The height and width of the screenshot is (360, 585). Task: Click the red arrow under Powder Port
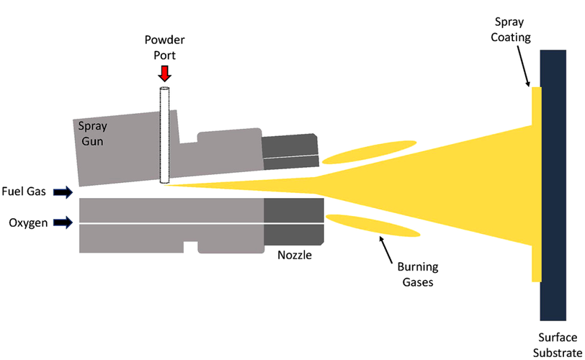point(164,73)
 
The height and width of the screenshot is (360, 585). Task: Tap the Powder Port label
point(164,48)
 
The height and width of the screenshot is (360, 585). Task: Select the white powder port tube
point(164,135)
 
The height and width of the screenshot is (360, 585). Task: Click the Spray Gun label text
point(92,133)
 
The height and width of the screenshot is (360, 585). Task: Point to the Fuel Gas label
point(24,192)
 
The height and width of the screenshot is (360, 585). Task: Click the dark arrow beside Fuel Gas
point(63,192)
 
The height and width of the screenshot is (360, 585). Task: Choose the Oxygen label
point(28,223)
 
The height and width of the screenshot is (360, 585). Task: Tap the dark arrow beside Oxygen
point(63,223)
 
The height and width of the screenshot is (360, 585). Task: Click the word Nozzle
point(295,256)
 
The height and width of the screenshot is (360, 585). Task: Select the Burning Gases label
point(418,274)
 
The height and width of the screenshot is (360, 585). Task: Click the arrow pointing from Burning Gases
point(386,250)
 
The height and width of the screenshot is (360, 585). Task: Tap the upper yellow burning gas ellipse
point(369,152)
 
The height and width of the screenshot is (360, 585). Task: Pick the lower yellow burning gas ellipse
point(373,226)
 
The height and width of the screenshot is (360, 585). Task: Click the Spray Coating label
point(510,30)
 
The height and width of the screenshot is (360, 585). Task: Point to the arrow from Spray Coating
point(523,66)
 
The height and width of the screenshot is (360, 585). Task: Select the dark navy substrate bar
point(553,185)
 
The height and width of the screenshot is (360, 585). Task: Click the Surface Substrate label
point(558,345)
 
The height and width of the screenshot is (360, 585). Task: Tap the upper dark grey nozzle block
point(290,151)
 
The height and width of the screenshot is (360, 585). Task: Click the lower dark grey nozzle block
point(294,221)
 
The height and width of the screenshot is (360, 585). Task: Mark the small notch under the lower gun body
point(191,247)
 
